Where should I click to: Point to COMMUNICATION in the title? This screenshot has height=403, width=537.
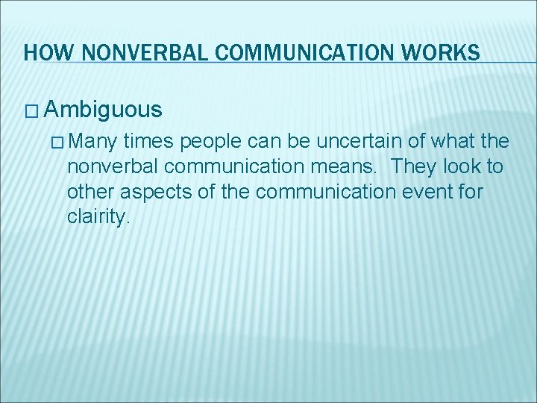point(292,53)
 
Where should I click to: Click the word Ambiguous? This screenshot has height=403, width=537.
point(103,110)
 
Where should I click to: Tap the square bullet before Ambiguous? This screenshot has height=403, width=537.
point(31,111)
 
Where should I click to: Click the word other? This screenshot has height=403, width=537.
point(89,192)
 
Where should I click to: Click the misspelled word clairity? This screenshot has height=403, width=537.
point(98,218)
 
